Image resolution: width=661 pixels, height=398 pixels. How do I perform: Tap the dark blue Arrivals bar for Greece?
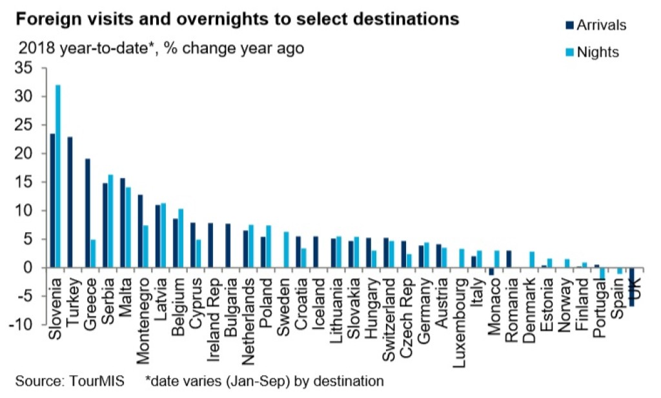click(x=87, y=213)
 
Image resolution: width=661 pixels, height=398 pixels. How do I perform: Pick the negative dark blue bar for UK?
click(x=631, y=286)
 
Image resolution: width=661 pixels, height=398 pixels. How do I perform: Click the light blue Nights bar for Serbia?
click(x=110, y=221)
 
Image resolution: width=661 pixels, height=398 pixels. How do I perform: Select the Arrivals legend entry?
click(x=594, y=25)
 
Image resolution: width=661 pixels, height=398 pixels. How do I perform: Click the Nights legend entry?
click(x=591, y=52)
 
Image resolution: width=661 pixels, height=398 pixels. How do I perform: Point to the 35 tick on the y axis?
click(x=31, y=68)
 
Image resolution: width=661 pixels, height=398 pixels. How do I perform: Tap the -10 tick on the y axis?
click(x=28, y=324)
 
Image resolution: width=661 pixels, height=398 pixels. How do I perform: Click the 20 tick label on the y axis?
click(x=31, y=154)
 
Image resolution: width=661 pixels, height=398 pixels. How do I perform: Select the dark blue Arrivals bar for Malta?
click(x=122, y=223)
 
